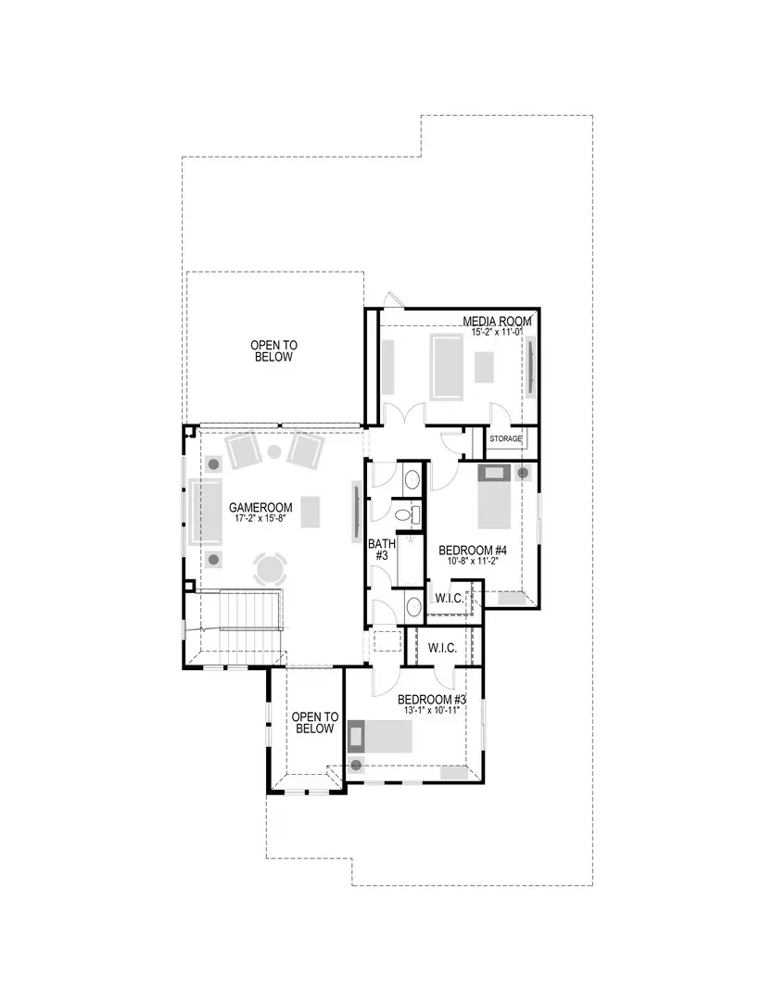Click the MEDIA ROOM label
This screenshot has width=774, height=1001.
(x=497, y=322)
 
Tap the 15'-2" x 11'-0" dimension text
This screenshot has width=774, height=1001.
(x=497, y=332)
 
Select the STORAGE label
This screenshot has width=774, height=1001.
(x=506, y=438)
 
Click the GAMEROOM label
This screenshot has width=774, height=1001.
(x=260, y=507)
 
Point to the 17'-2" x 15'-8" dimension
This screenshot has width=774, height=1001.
(x=260, y=518)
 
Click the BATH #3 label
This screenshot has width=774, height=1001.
(x=378, y=550)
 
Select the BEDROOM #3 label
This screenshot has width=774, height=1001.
(x=431, y=699)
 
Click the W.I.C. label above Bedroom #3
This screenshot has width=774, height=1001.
(x=442, y=648)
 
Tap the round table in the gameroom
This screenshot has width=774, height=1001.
(x=272, y=566)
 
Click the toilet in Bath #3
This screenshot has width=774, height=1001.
(x=404, y=515)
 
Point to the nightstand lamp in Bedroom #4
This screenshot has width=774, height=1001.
(x=523, y=473)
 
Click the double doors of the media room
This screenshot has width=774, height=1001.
(x=405, y=414)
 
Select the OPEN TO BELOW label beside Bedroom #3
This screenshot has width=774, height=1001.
(x=314, y=723)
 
